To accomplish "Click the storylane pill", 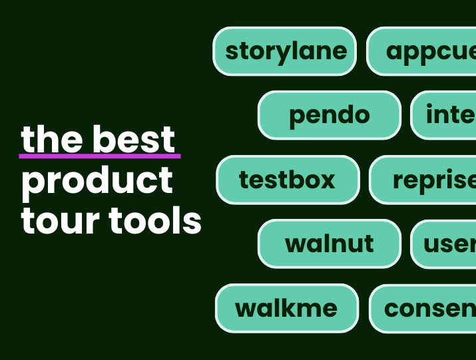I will [x=285, y=51].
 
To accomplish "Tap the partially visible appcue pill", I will [x=422, y=51].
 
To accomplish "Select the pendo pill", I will [x=329, y=115].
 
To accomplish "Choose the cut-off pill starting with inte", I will [x=443, y=115].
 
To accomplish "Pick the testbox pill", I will [x=288, y=180].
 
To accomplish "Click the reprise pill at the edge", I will [x=423, y=180].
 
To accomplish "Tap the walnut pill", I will [x=329, y=244].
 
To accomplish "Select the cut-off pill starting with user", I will [x=444, y=244].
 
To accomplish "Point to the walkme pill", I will [x=286, y=308].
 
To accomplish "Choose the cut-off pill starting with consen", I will [x=423, y=308].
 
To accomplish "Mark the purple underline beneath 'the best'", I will [x=100, y=157].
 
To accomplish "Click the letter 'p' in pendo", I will [x=297, y=117].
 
